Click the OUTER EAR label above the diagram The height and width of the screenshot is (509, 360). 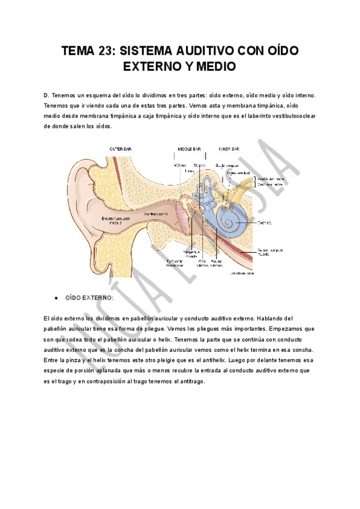tap(120, 148)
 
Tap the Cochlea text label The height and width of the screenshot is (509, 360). tap(265, 222)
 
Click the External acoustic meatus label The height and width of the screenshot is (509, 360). tap(116, 220)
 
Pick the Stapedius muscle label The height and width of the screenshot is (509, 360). tap(199, 254)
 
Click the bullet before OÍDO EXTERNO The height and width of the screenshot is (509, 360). tap(55, 298)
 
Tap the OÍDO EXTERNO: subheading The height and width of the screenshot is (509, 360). tap(89, 298)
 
